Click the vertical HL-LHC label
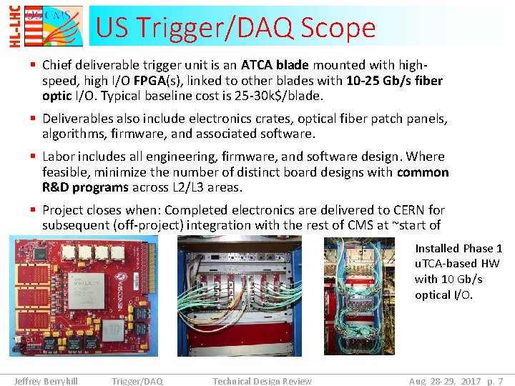pos(15,26)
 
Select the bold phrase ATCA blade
pos(276,65)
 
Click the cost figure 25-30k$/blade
pos(281,96)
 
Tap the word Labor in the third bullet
pos(59,157)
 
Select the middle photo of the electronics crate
pos(239,296)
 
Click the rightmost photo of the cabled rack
pos(359,296)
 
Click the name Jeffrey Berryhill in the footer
pos(46,381)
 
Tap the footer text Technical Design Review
pos(262,381)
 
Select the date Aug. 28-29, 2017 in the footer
pos(443,381)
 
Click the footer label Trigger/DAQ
pos(137,381)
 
